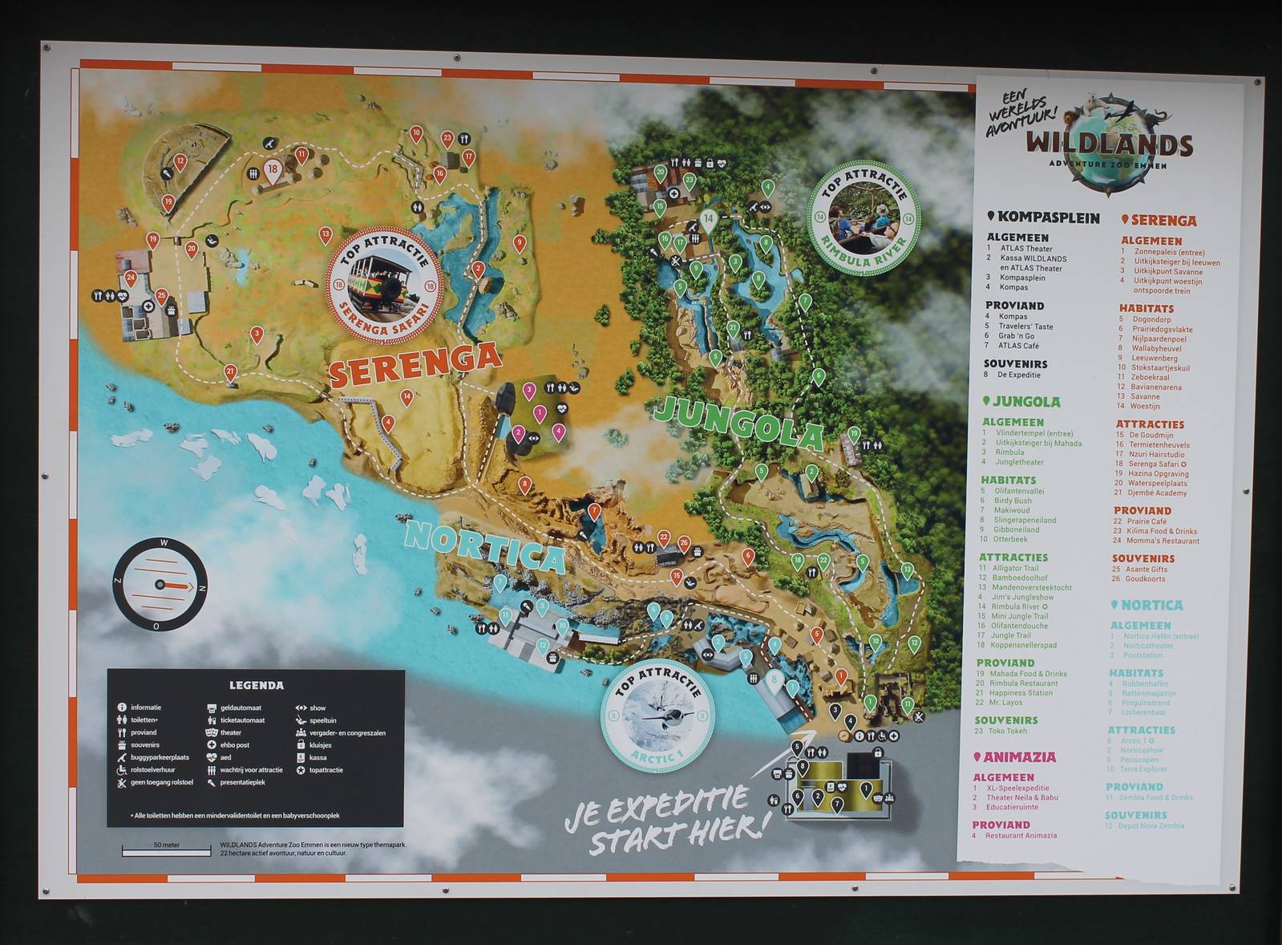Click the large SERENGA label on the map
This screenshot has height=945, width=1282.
(415, 365)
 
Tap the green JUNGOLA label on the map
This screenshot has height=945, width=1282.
(738, 422)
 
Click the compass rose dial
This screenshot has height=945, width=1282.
(160, 585)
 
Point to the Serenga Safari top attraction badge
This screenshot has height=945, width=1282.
(384, 285)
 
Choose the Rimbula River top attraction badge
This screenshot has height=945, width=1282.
(863, 218)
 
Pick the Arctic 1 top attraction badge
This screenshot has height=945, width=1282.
(657, 716)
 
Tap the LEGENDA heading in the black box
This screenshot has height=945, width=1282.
(256, 685)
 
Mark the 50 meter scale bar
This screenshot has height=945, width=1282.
(166, 850)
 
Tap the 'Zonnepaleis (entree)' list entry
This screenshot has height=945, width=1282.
(1169, 252)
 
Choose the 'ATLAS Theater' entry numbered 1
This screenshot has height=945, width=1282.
(1025, 249)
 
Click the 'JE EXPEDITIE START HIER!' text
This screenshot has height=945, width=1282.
(665, 818)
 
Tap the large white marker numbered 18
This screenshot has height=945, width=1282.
(273, 170)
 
